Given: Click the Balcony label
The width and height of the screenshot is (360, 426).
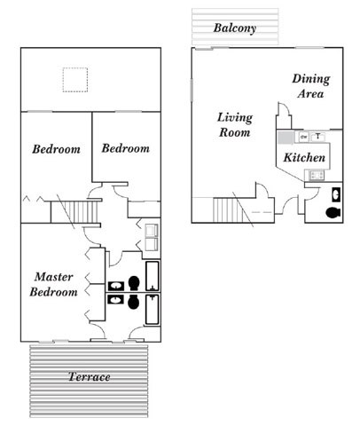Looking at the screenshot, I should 235,28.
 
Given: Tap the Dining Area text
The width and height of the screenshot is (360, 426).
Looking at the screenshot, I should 310,85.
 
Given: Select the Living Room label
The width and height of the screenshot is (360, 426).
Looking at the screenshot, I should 235,124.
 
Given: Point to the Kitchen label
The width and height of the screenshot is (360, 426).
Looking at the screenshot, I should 303,158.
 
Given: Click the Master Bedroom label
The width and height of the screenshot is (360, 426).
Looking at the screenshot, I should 53,284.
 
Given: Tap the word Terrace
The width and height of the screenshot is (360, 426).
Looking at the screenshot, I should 90,377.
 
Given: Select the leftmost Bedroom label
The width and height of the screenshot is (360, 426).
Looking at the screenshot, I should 56,149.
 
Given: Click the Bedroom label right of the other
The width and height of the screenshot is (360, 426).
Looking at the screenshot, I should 125,148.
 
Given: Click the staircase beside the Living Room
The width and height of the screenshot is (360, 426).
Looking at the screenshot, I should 228,210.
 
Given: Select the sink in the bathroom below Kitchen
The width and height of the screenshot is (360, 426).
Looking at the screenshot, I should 335,194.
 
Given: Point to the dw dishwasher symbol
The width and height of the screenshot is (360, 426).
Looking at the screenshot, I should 303,137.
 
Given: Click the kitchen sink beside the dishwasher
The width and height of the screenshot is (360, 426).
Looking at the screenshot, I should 318,137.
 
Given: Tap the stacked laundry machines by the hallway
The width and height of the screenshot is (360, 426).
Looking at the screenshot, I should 151,238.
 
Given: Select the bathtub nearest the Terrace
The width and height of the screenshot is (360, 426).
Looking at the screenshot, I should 153,311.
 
